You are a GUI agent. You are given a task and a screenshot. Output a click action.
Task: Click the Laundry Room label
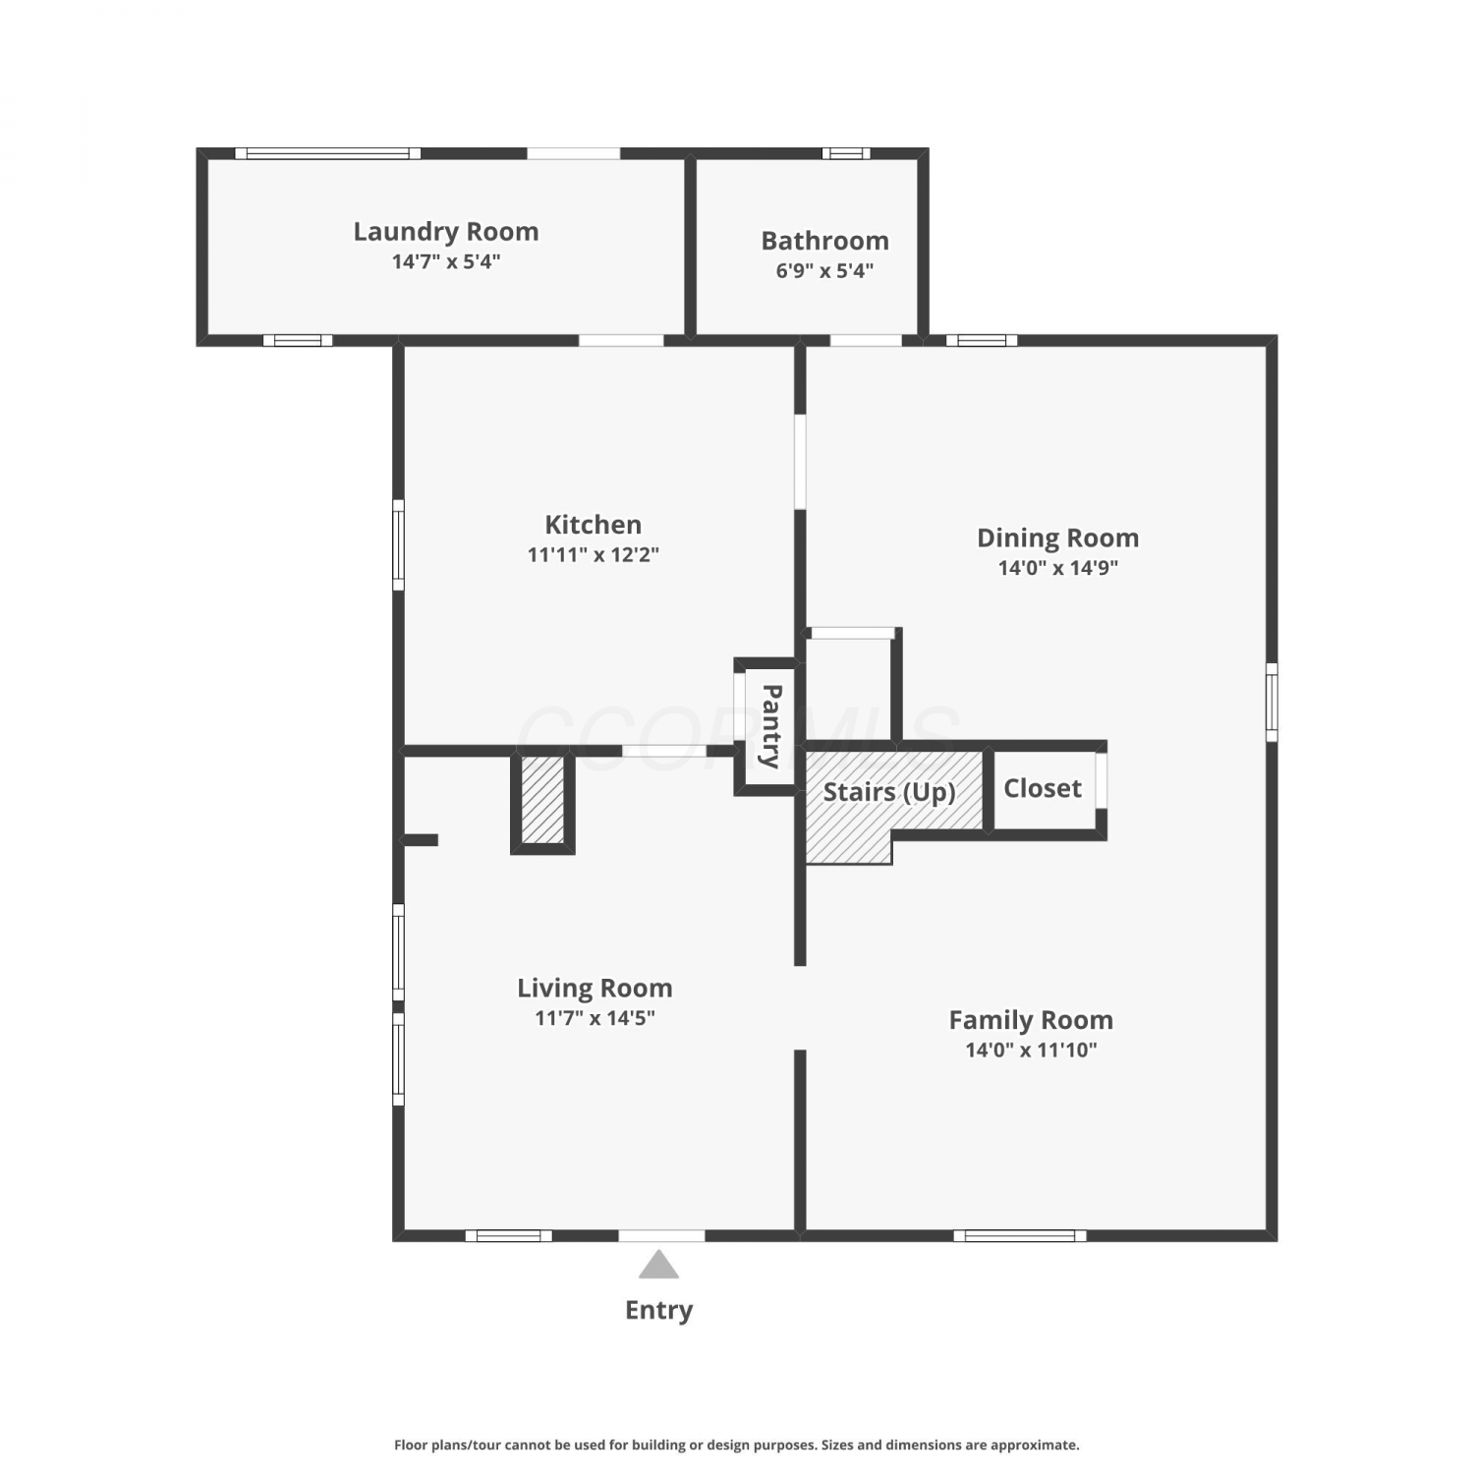click(446, 232)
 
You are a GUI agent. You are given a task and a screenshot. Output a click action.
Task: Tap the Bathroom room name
click(824, 241)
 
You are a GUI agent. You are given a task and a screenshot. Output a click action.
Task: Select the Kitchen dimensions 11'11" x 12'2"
click(593, 554)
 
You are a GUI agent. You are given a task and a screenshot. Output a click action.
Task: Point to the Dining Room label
click(1057, 539)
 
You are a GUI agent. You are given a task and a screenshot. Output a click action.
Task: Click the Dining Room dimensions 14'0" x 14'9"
click(1058, 568)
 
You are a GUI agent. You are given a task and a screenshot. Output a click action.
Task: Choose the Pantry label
click(771, 726)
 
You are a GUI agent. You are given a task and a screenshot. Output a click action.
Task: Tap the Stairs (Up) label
click(889, 792)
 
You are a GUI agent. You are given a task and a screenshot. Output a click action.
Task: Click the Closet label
click(1043, 788)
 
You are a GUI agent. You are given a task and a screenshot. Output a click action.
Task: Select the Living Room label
click(595, 988)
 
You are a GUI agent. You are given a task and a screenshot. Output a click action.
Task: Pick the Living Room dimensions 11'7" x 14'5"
click(595, 1018)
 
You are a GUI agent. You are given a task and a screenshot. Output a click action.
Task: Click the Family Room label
click(1031, 1020)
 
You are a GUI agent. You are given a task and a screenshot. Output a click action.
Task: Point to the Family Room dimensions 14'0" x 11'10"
click(1031, 1049)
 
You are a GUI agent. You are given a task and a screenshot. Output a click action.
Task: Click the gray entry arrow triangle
click(658, 1266)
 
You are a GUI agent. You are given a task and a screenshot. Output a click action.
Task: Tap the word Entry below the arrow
click(658, 1310)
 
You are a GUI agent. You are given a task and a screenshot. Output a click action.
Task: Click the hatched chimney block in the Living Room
click(542, 799)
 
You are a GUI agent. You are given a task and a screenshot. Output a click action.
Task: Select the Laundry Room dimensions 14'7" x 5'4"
click(446, 261)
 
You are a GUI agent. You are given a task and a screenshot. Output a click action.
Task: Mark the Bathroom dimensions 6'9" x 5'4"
click(824, 270)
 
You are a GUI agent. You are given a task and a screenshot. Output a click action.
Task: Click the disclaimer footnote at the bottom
click(736, 1445)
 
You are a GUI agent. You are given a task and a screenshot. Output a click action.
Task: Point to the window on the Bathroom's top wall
click(846, 153)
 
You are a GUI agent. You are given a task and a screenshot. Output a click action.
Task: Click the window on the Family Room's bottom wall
click(1020, 1235)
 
